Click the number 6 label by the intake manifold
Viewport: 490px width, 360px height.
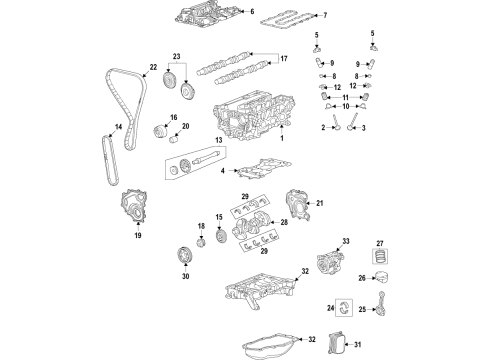(x=252, y=12)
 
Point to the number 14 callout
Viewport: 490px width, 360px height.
(x=119, y=126)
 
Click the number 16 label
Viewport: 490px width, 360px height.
(x=174, y=118)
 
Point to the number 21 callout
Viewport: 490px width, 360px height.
(x=322, y=204)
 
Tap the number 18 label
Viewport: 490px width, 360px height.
(x=201, y=228)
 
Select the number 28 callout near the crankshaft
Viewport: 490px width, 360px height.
(x=284, y=226)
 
